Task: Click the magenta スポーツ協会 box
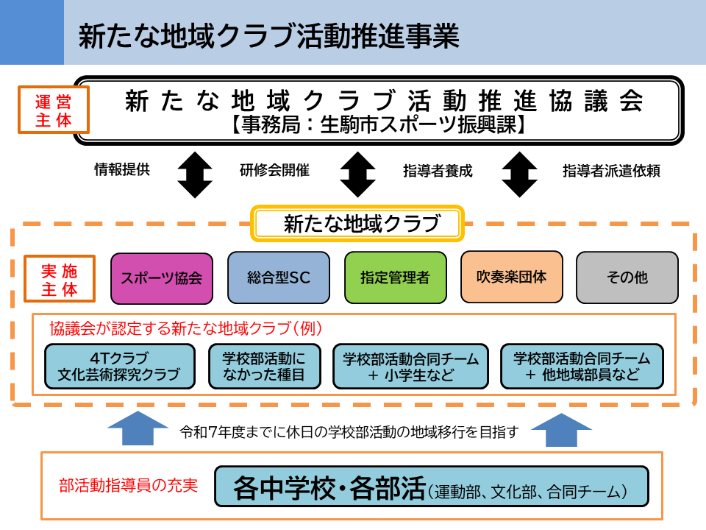click(x=162, y=278)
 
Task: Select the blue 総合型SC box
click(x=279, y=278)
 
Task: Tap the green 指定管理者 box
click(x=396, y=278)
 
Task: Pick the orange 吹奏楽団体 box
click(x=512, y=277)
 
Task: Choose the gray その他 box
click(x=627, y=278)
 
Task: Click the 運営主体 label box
click(x=54, y=110)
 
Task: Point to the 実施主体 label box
click(x=60, y=278)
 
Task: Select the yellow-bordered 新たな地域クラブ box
click(x=357, y=224)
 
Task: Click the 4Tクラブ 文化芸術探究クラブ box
click(x=120, y=366)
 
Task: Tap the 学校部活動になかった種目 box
click(x=264, y=366)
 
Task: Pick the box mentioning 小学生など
click(x=410, y=366)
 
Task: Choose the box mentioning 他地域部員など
click(x=582, y=366)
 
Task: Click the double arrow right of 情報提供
click(x=195, y=175)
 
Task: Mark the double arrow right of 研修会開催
click(x=357, y=175)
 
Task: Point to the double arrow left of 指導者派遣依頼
click(x=520, y=175)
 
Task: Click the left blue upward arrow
click(x=138, y=428)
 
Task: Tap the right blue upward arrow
click(x=561, y=429)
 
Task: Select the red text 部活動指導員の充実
click(x=128, y=485)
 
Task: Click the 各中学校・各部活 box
click(x=432, y=487)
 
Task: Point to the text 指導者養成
click(x=438, y=171)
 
